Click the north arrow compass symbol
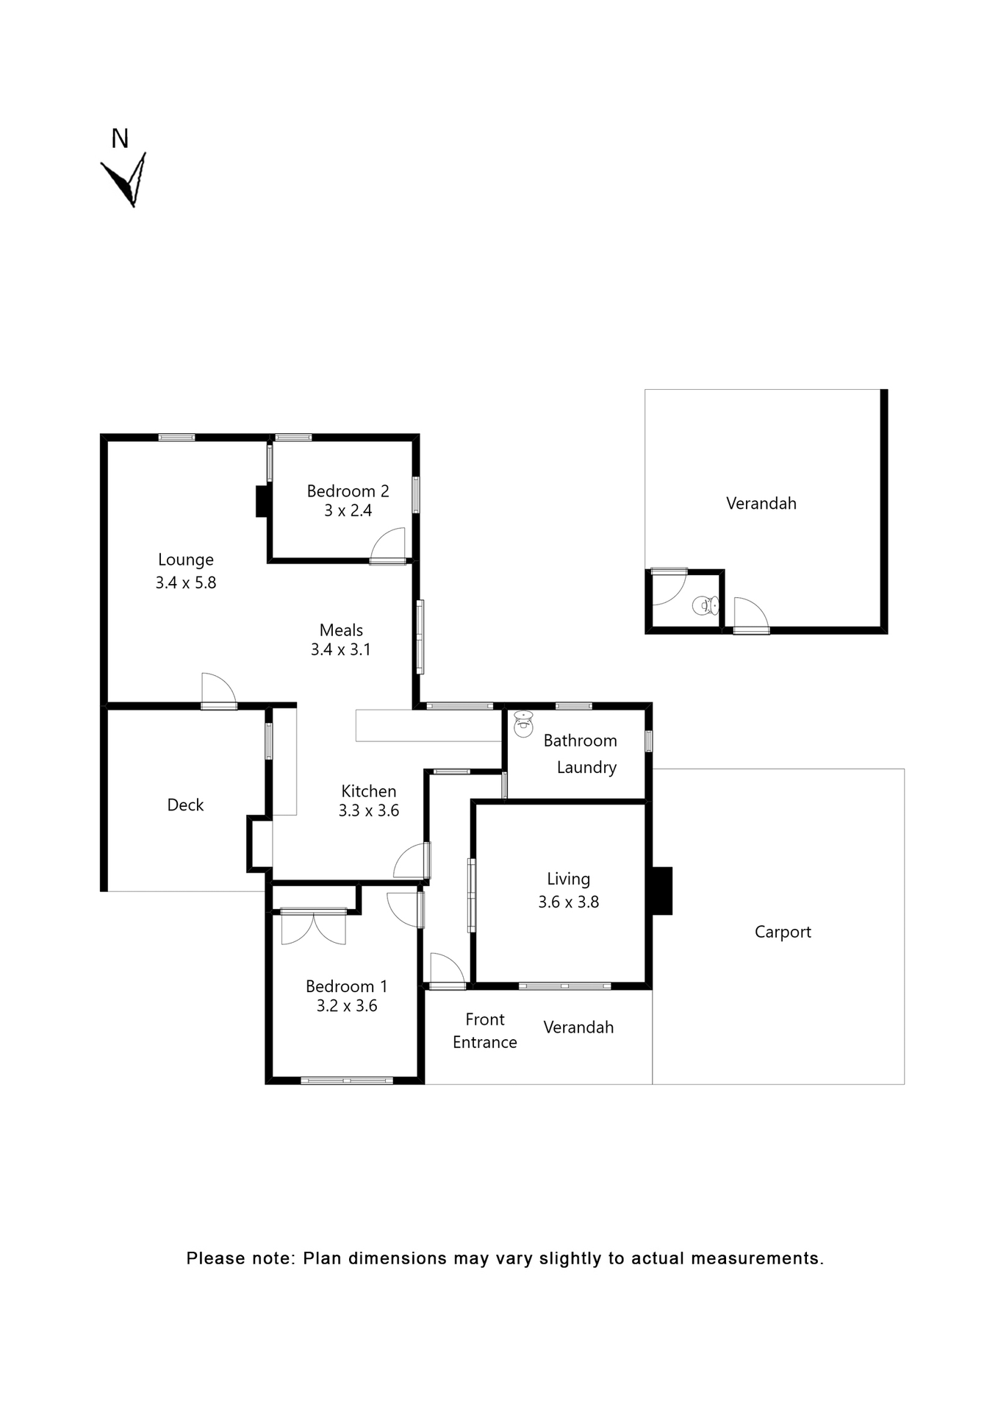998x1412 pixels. pos(125,180)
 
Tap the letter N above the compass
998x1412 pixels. pos(120,138)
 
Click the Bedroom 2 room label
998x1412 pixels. pos(348,491)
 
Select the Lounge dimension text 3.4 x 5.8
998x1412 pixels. pos(185,583)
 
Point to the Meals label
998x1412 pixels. pos(341,630)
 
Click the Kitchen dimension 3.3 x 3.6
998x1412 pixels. pos(368,811)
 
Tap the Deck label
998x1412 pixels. pos(185,805)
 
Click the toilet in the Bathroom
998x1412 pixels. pos(523,724)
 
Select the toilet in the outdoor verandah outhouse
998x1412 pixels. pos(705,606)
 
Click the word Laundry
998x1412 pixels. pos(586,768)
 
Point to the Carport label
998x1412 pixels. pos(783,933)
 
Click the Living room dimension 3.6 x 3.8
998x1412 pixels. pos(568,902)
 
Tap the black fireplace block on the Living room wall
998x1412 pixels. pos(661,891)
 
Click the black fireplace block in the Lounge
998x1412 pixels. pos(262,502)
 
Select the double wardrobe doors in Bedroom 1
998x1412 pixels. pos(314,928)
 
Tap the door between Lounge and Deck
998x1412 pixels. pos(219,691)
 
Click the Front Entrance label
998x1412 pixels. pos(484,1031)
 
